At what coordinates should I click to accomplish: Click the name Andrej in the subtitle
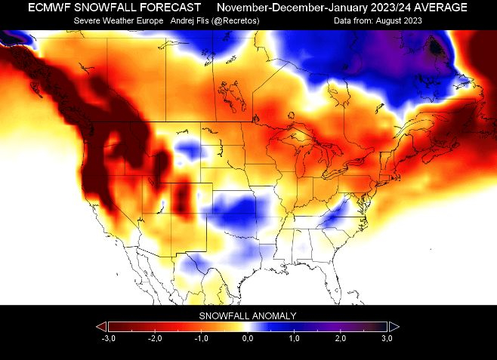coord(181,21)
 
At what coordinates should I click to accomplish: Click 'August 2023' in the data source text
coord(399,21)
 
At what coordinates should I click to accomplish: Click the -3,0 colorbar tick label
coord(109,338)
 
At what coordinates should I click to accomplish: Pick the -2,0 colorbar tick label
coord(155,338)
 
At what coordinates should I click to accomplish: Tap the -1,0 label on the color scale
coord(201,338)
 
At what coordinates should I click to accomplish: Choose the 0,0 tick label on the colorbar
coord(248,338)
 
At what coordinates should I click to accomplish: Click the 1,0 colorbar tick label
coord(294,338)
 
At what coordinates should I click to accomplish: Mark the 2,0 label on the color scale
coord(341,338)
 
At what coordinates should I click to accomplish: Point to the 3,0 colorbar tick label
coord(387,338)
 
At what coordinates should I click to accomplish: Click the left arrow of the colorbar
coord(102,327)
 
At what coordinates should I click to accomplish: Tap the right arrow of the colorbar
coord(394,327)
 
